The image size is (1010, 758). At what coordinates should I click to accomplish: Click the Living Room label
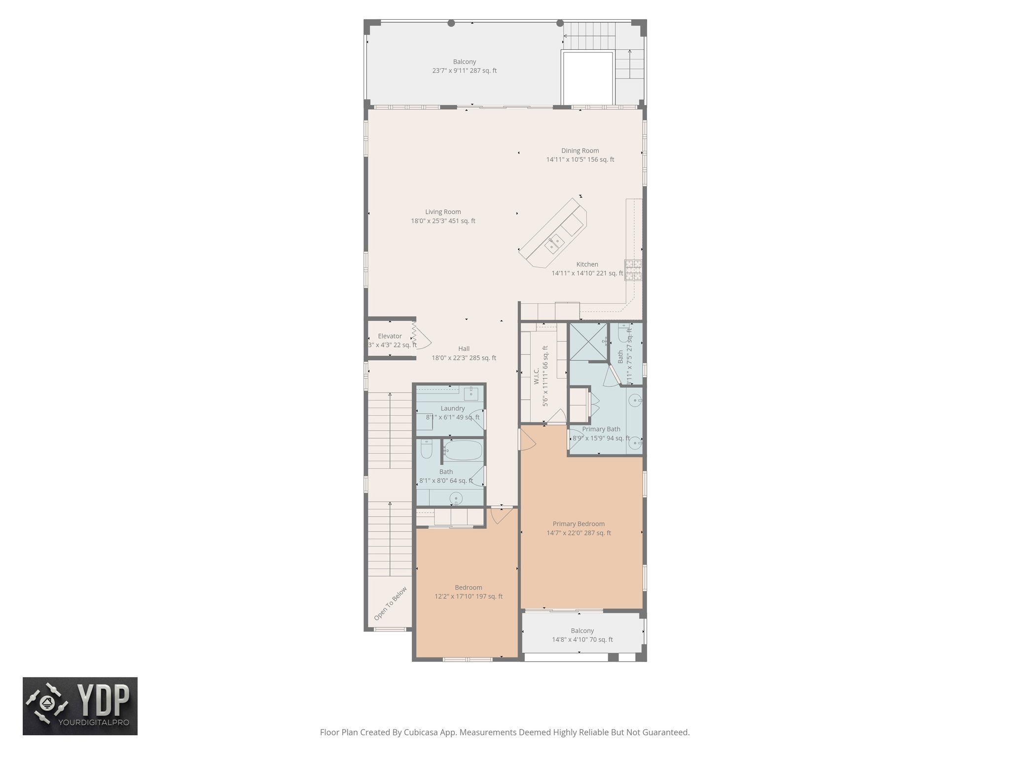pos(443,216)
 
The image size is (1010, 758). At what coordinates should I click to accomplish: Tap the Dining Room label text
pos(580,155)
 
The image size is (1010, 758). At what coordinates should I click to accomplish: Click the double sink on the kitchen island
pos(555,244)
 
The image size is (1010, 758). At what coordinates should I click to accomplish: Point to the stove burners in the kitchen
pos(634,270)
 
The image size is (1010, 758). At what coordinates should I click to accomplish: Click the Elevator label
pos(390,336)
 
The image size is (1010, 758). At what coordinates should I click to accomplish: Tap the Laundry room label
pos(452,409)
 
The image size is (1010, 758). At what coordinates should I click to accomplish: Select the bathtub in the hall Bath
pos(463,450)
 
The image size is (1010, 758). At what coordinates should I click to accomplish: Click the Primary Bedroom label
pos(578,528)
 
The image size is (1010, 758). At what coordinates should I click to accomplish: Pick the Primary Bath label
pos(601,429)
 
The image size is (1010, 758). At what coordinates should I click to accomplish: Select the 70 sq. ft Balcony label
pos(582,635)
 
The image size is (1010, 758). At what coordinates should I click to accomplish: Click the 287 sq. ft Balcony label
pos(464,66)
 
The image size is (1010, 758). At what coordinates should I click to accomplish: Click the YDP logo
pos(80,706)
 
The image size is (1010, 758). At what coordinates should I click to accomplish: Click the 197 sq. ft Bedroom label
pos(468,592)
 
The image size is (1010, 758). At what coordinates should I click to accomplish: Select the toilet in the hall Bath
pos(427,449)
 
